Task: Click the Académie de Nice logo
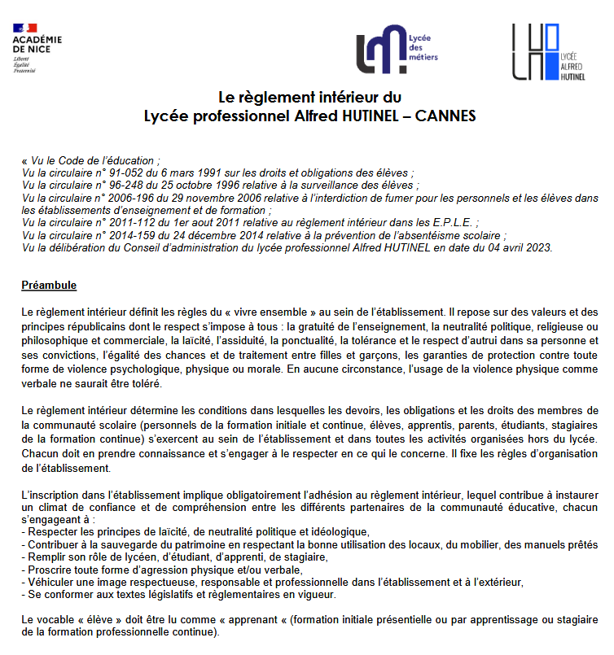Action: pos(37,48)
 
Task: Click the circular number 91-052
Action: pos(129,172)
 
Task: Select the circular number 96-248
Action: pos(129,185)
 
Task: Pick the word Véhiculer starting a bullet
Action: pos(51,582)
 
